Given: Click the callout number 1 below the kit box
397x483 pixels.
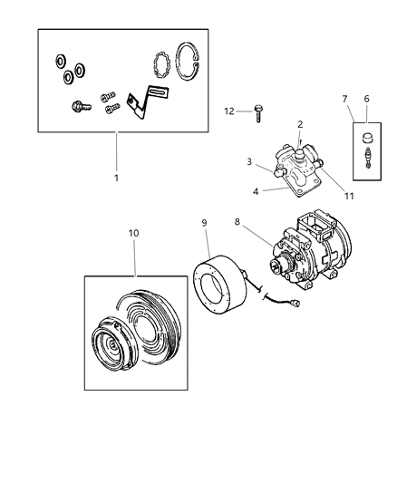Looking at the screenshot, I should pos(116,178).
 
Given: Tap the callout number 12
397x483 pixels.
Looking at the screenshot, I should pos(229,111).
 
